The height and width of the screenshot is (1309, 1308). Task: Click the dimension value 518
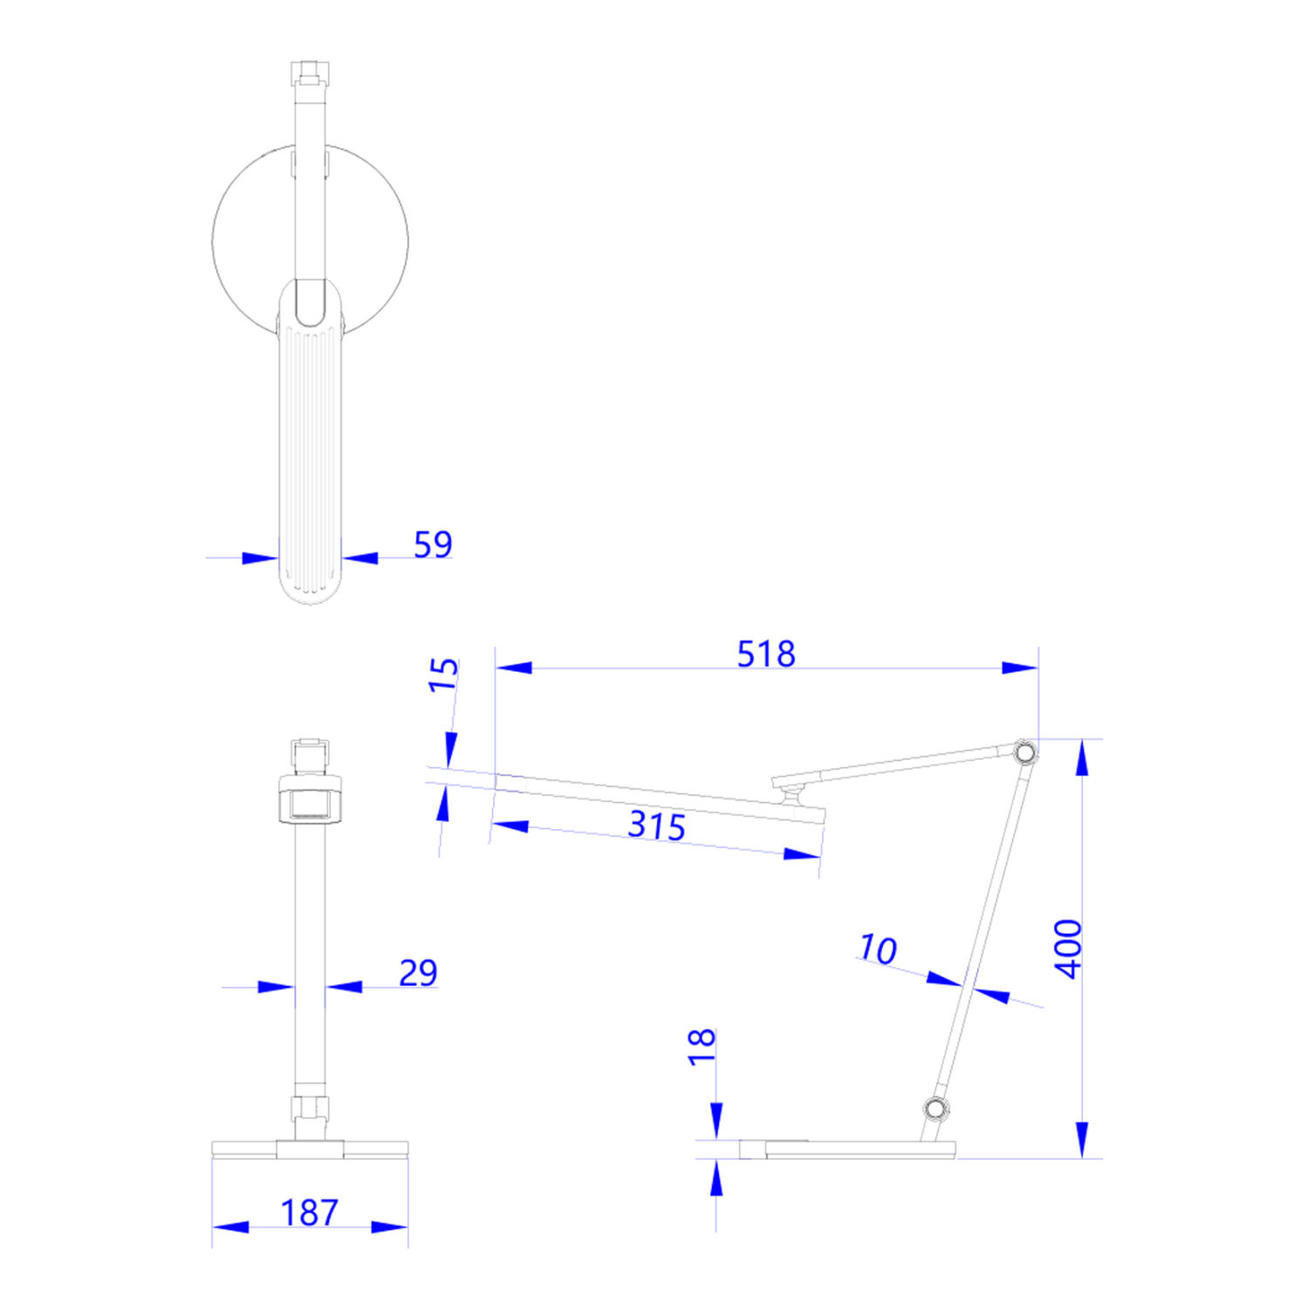tap(765, 654)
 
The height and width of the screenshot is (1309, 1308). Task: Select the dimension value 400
tap(1068, 949)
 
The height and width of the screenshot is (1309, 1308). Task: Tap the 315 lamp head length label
tap(656, 826)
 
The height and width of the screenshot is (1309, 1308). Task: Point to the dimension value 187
tap(309, 1212)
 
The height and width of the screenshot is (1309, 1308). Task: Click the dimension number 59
tap(433, 545)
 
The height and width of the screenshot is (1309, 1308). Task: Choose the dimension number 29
tap(418, 972)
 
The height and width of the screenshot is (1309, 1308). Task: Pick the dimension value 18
tap(702, 1046)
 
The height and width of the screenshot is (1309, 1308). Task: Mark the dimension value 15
tap(443, 675)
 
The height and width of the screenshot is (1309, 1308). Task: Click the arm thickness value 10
tap(877, 949)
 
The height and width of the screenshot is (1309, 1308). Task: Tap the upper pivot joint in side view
tap(1025, 751)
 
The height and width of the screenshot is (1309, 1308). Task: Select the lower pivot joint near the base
tap(935, 1108)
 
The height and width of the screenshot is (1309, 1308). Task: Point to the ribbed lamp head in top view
tap(310, 454)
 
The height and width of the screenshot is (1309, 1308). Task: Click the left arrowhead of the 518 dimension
tap(513, 668)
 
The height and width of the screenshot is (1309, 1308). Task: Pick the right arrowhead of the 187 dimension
tap(390, 1227)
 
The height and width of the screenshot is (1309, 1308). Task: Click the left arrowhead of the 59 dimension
tap(260, 558)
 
